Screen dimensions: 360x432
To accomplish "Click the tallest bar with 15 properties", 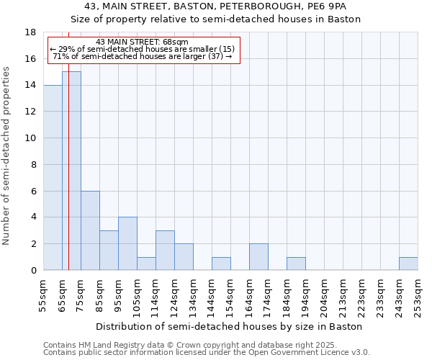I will point(71,171).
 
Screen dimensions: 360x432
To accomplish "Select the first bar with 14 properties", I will point(53,177).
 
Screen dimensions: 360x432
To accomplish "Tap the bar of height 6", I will point(90,230).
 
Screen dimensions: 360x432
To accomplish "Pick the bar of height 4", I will point(127,243).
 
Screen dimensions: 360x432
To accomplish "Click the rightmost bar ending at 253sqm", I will point(408,264).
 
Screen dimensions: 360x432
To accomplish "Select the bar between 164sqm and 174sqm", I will point(258,257).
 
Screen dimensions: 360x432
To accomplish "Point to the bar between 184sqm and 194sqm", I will point(296,264).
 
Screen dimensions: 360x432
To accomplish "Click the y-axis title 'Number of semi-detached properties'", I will point(7,156).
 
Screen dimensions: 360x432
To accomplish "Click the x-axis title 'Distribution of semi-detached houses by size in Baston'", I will point(228,326).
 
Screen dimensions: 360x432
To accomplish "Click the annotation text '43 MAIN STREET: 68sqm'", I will point(142,42).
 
